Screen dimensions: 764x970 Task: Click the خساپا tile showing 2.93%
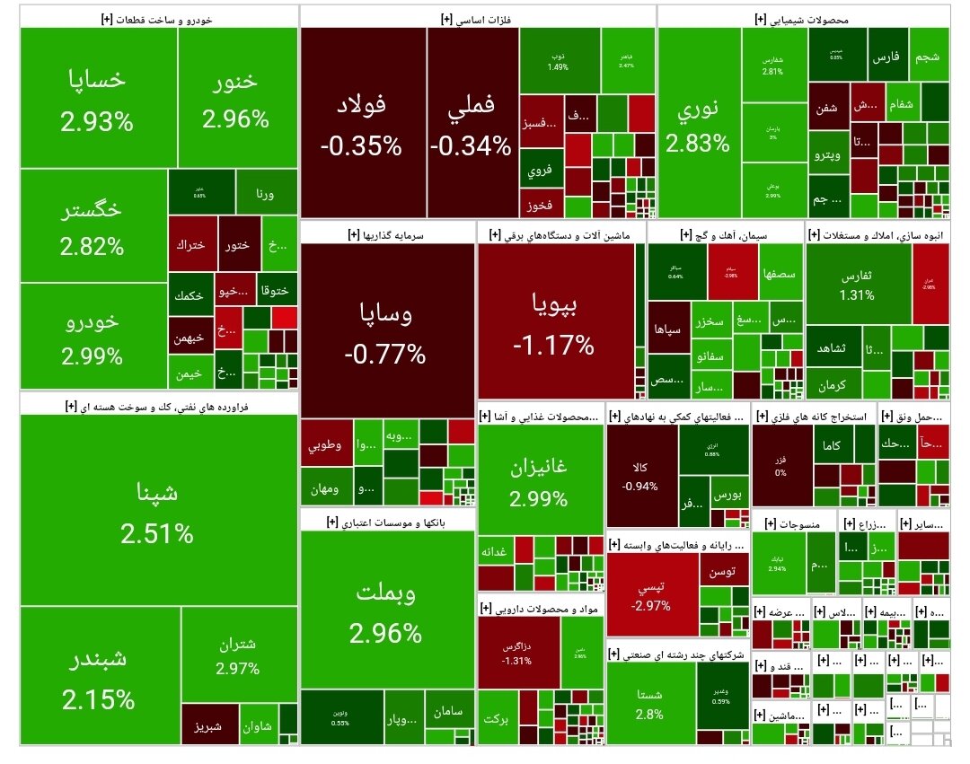click(98, 98)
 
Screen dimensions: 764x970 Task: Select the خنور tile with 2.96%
click(235, 98)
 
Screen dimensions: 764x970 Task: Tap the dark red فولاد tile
click(361, 124)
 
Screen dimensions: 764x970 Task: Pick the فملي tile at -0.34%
click(471, 124)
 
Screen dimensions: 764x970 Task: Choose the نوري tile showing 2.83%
click(698, 126)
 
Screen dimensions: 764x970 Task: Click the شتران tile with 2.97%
click(238, 654)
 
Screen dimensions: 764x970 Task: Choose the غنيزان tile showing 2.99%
click(541, 480)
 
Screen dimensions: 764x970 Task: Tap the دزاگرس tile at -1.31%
click(517, 653)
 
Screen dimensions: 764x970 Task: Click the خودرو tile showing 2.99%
click(92, 337)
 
